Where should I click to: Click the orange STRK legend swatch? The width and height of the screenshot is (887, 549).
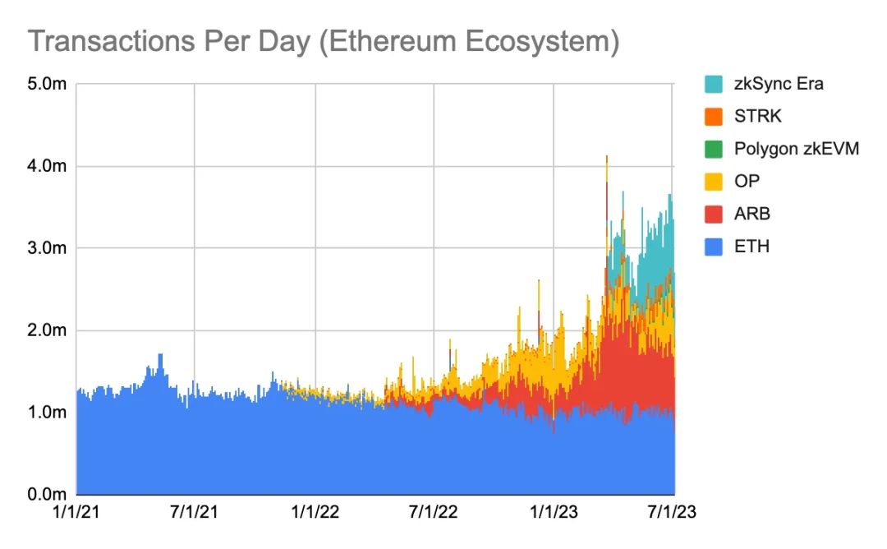(x=714, y=116)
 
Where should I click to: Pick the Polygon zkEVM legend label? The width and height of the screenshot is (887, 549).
(x=796, y=149)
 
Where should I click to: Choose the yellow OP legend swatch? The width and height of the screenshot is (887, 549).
(x=714, y=181)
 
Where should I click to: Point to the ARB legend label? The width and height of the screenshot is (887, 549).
(x=753, y=214)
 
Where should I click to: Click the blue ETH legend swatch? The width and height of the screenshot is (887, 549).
(x=714, y=246)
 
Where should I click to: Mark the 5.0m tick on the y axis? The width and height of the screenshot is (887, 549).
(x=48, y=84)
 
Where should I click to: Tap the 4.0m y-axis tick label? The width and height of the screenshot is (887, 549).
(x=48, y=166)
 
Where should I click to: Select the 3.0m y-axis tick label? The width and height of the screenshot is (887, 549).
(x=48, y=248)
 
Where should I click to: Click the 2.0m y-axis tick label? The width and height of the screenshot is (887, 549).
(x=48, y=330)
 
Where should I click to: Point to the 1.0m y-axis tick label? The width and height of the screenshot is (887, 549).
(x=48, y=412)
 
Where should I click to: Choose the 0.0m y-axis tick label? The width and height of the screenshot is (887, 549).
(x=48, y=494)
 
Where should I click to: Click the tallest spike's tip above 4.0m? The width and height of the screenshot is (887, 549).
(x=606, y=156)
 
